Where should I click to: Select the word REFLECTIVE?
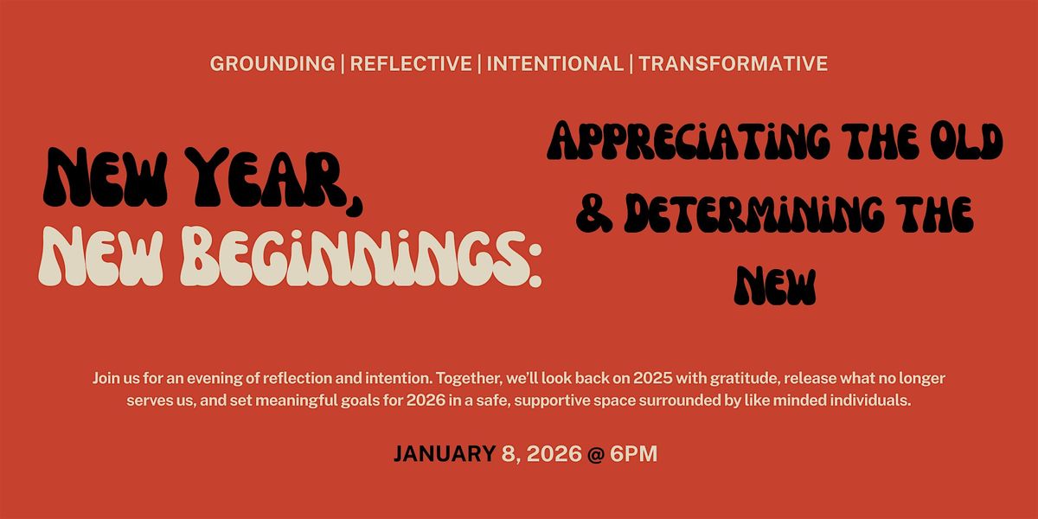click(411, 64)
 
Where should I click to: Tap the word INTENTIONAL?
click(555, 64)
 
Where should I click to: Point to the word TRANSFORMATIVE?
click(734, 64)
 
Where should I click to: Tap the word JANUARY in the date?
click(444, 454)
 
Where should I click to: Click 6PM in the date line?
click(633, 454)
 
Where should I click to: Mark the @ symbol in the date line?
click(595, 454)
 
